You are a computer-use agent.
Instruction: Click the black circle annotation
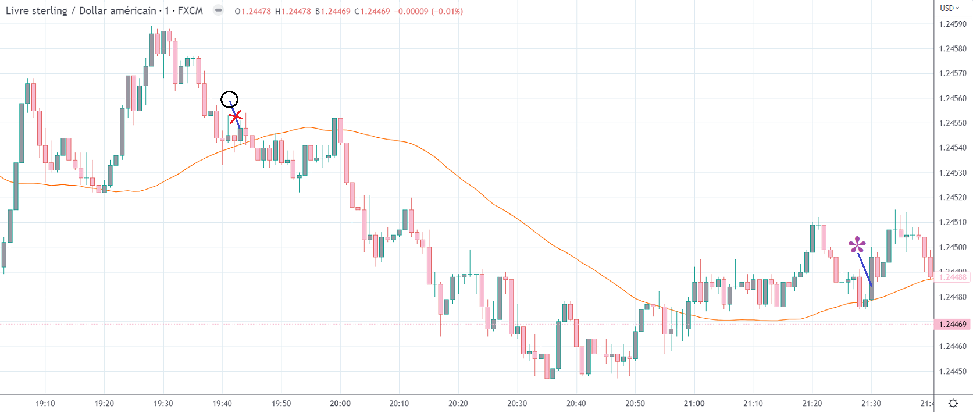pyautogui.click(x=230, y=99)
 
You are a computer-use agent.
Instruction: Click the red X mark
pyautogui.click(x=235, y=118)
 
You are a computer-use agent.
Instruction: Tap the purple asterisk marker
pyautogui.click(x=857, y=245)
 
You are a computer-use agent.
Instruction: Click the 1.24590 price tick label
pyautogui.click(x=953, y=24)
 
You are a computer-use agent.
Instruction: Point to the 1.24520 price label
pyautogui.click(x=953, y=197)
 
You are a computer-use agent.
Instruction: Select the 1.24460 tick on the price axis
pyautogui.click(x=953, y=346)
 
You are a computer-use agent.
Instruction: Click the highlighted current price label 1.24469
pyautogui.click(x=953, y=324)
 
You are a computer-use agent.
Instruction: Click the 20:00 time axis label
pyautogui.click(x=340, y=403)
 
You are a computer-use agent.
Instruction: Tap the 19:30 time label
pyautogui.click(x=163, y=403)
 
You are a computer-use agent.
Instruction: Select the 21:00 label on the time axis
pyautogui.click(x=694, y=403)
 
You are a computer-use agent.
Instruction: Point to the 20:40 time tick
pyautogui.click(x=576, y=403)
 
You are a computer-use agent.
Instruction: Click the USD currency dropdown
pyautogui.click(x=950, y=8)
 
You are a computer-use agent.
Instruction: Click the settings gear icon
pyautogui.click(x=953, y=403)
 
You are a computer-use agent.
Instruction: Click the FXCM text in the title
pyautogui.click(x=190, y=10)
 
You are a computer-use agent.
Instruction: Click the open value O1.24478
pyautogui.click(x=253, y=11)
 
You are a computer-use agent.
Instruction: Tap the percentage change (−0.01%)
pyautogui.click(x=447, y=11)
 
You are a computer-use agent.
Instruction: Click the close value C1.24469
pyautogui.click(x=372, y=11)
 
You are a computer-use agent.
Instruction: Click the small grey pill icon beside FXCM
pyautogui.click(x=218, y=10)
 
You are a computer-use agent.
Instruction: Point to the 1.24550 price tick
pyautogui.click(x=953, y=123)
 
